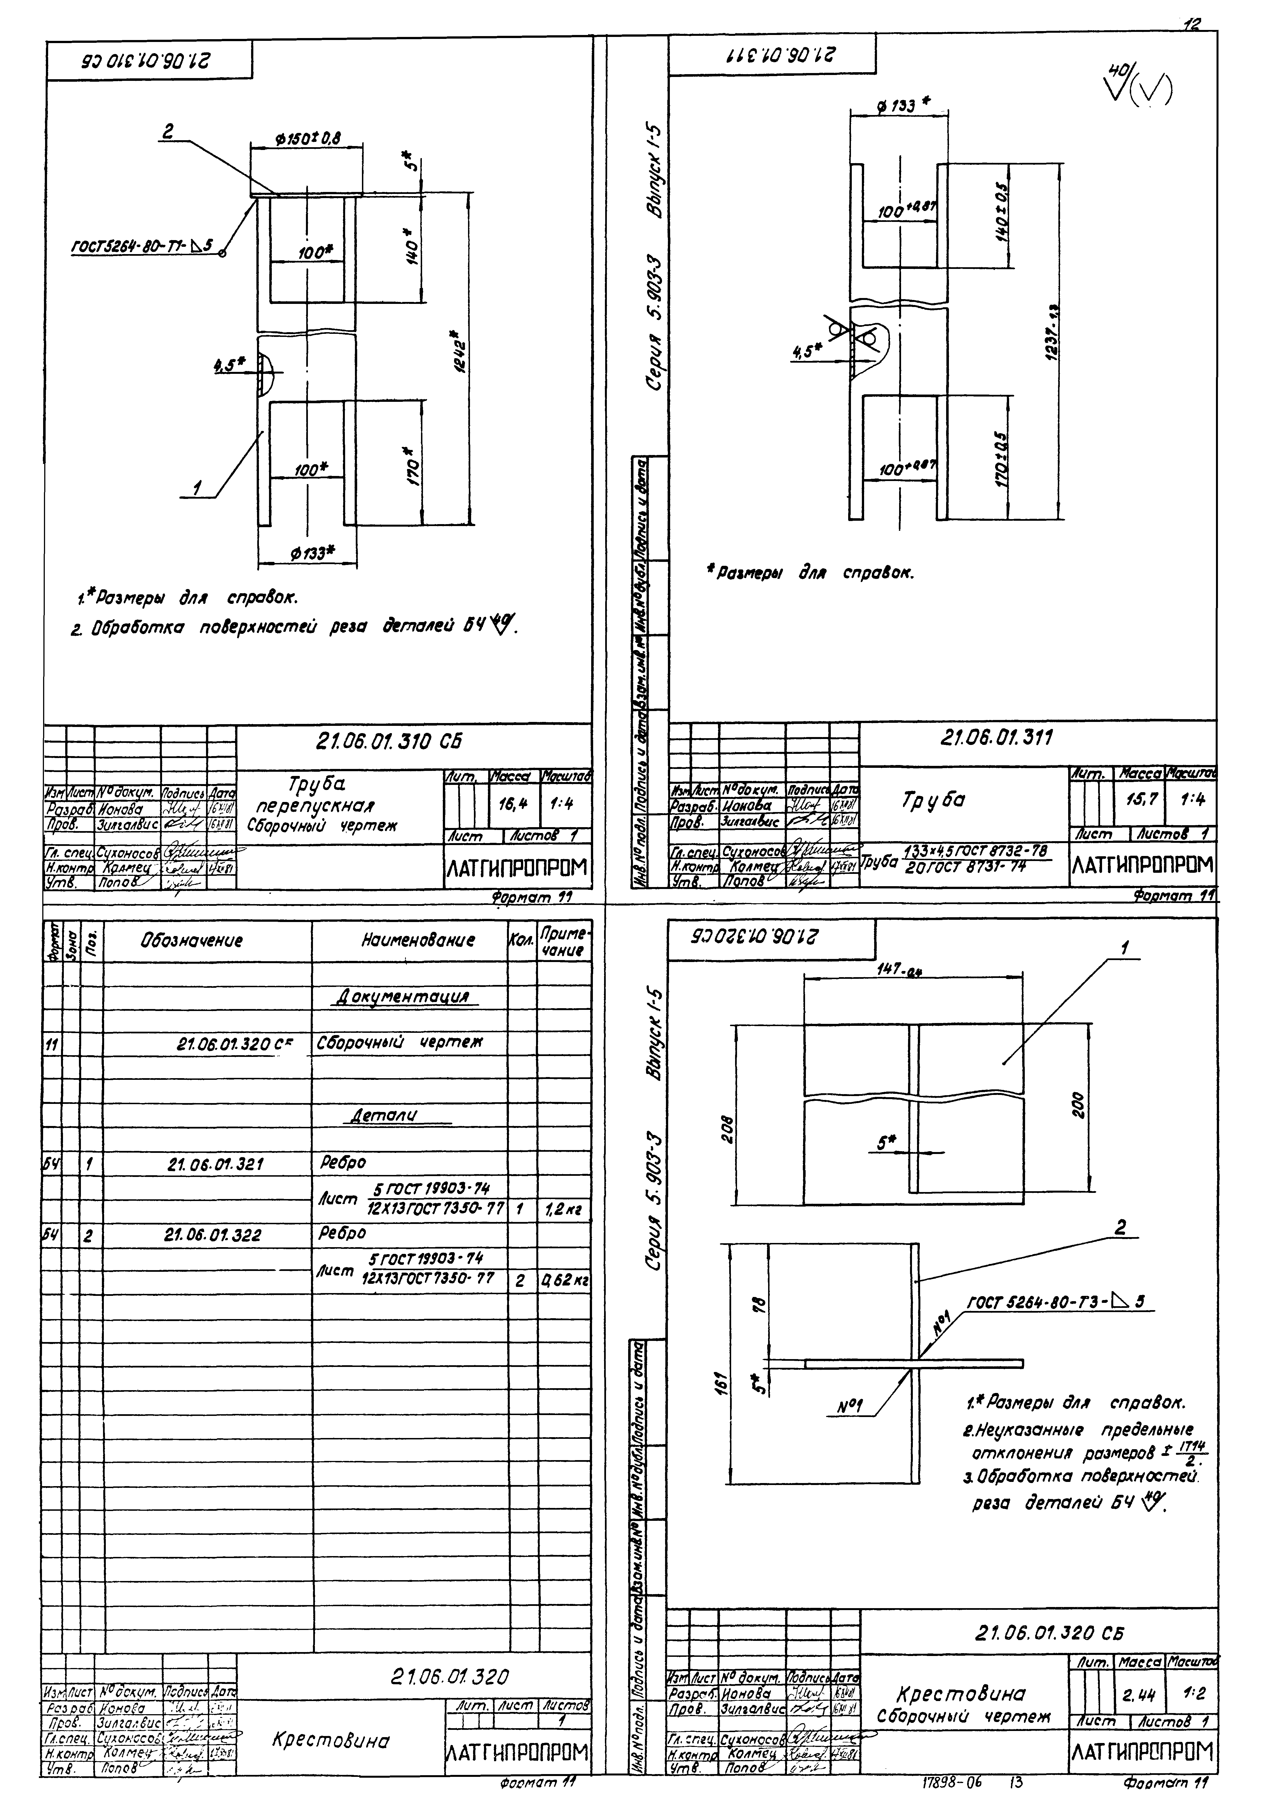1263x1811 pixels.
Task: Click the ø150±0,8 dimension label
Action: (307, 138)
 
